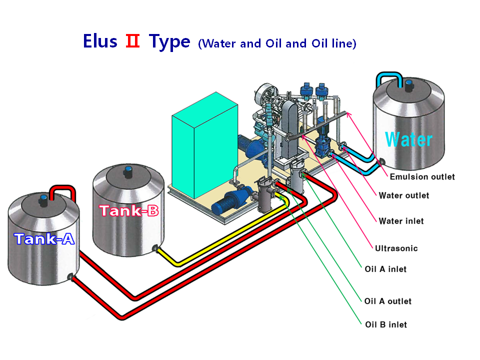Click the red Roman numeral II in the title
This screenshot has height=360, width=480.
[x=132, y=41]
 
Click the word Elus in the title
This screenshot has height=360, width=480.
[x=100, y=41]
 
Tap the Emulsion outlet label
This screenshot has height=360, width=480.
[x=422, y=176]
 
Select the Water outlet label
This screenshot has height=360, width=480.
[x=404, y=195]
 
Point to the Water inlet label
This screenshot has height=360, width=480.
[x=401, y=221]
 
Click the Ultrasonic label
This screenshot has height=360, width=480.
[x=396, y=248]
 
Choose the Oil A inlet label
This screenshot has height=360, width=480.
[x=385, y=269]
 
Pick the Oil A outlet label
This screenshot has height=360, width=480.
[x=388, y=301]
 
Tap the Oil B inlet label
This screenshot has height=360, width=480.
[x=385, y=324]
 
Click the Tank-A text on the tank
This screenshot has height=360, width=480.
[x=44, y=239]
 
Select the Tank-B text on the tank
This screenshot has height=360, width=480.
[x=129, y=210]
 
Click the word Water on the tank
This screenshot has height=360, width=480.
[x=408, y=138]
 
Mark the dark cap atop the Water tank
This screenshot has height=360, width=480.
[x=409, y=85]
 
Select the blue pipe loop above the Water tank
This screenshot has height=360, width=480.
[x=390, y=76]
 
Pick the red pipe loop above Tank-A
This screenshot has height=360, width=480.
[x=62, y=190]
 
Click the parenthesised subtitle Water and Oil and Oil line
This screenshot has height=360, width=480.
[x=277, y=44]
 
